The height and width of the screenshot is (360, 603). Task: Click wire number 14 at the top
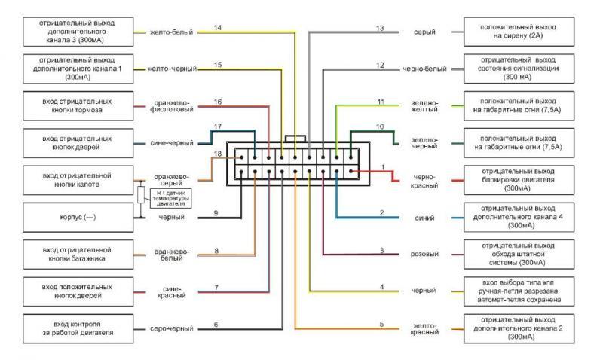tap(217, 28)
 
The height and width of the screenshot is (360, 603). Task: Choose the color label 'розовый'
tap(424, 254)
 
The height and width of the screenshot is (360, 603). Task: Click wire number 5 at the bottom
tap(381, 324)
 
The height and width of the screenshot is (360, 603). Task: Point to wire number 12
tap(381, 65)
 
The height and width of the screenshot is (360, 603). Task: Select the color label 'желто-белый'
tap(172, 32)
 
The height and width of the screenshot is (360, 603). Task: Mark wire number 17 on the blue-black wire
tap(217, 127)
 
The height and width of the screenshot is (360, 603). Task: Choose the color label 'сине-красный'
tap(172, 291)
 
